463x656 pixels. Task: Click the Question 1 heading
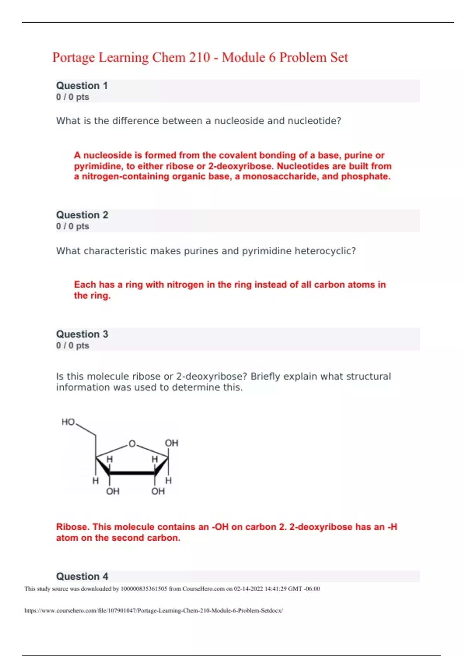(x=82, y=86)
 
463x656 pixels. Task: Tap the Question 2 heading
(x=82, y=215)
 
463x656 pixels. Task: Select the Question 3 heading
(x=82, y=334)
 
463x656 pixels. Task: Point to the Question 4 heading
(x=82, y=577)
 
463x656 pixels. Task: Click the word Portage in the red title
(x=73, y=57)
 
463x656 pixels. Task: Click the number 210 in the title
(x=199, y=57)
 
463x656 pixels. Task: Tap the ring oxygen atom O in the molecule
(x=132, y=444)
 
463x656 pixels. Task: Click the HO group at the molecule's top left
(x=68, y=422)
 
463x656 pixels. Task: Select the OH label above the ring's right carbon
(x=171, y=443)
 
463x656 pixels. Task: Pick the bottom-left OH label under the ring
(x=113, y=491)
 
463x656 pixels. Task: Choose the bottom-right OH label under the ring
(x=158, y=491)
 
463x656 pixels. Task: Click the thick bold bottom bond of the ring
(x=132, y=473)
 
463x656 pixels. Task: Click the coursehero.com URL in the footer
(x=154, y=610)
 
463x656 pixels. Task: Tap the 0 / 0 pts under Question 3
(x=73, y=345)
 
